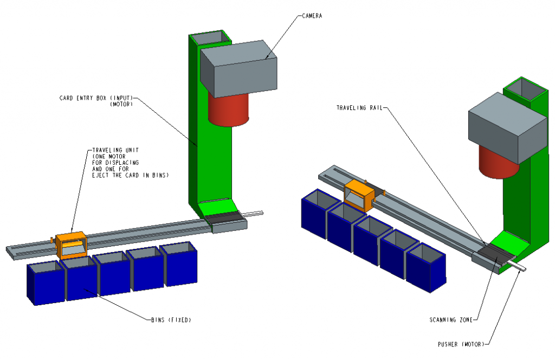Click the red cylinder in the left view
[x=228, y=108]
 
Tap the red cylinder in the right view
[x=498, y=162]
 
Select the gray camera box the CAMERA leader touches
[x=238, y=68]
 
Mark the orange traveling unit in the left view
[x=70, y=244]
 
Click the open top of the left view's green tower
[x=210, y=37]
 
